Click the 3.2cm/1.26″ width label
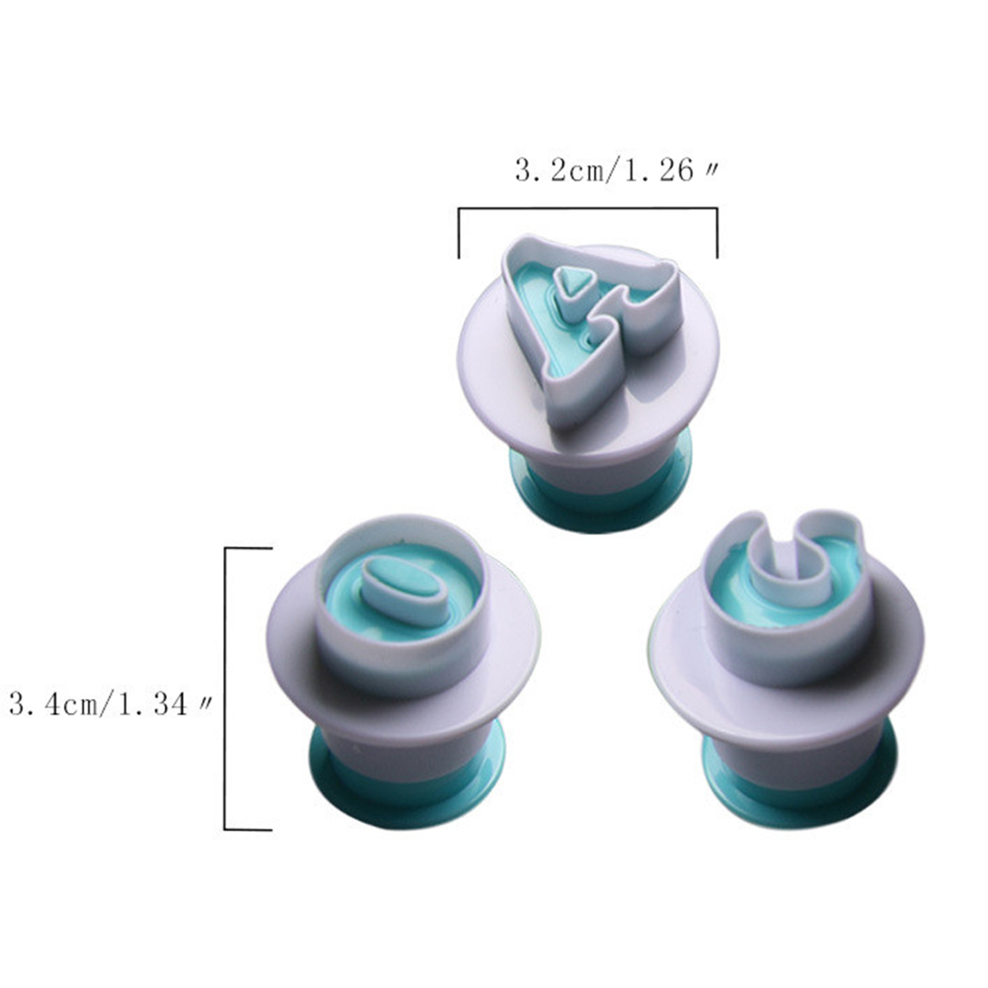617,171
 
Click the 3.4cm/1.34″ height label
111,704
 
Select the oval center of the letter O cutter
404,590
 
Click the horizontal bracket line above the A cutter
587,208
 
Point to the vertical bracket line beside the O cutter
225,689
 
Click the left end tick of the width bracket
459,233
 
